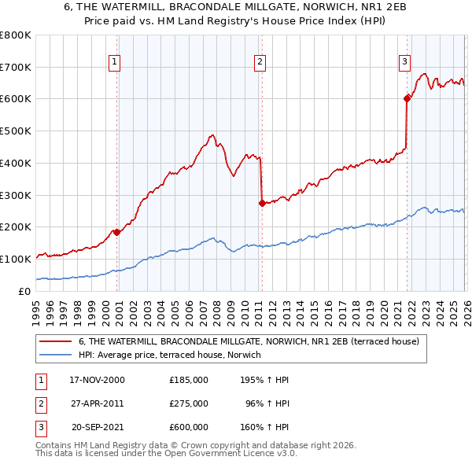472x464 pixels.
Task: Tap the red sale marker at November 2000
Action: coord(117,232)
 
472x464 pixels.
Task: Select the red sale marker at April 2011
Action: coord(262,203)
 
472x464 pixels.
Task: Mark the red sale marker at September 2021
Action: coord(407,98)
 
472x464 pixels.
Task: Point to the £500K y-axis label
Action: coord(15,131)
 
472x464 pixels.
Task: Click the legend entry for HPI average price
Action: coord(170,355)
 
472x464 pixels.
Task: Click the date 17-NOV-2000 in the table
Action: coord(98,380)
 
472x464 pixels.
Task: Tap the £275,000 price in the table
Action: coord(189,403)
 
